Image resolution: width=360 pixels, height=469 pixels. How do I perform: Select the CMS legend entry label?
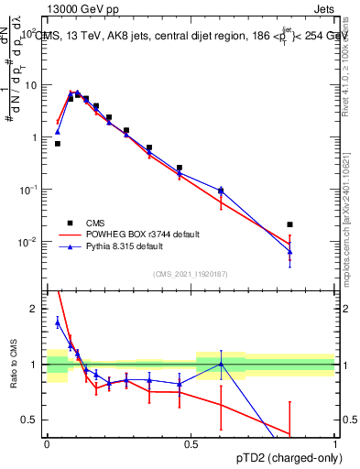(x=94, y=223)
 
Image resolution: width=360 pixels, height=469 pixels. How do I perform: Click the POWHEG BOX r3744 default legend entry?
(x=137, y=234)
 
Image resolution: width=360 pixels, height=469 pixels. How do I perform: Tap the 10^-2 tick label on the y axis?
(x=30, y=242)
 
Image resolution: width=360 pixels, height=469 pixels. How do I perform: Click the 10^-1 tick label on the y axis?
(x=30, y=190)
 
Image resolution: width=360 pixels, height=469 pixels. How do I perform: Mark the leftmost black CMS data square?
(x=57, y=144)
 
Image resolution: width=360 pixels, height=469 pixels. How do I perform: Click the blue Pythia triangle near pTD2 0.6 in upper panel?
(x=221, y=191)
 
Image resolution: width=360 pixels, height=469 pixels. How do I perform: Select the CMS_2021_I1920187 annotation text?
(x=190, y=273)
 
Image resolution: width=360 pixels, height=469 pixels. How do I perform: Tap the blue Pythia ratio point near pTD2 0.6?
(x=221, y=364)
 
